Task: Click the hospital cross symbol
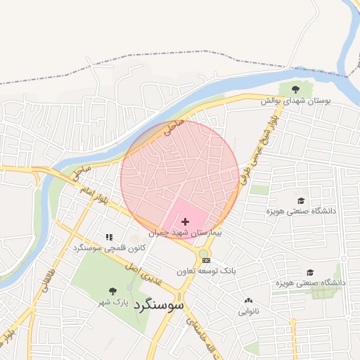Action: click(185, 221)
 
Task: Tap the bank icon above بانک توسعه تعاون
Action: click(206, 260)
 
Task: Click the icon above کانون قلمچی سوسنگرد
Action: click(109, 238)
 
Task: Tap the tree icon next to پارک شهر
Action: click(112, 290)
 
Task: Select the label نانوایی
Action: click(248, 310)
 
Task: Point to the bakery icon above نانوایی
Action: click(248, 300)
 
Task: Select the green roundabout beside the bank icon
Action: click(203, 253)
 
